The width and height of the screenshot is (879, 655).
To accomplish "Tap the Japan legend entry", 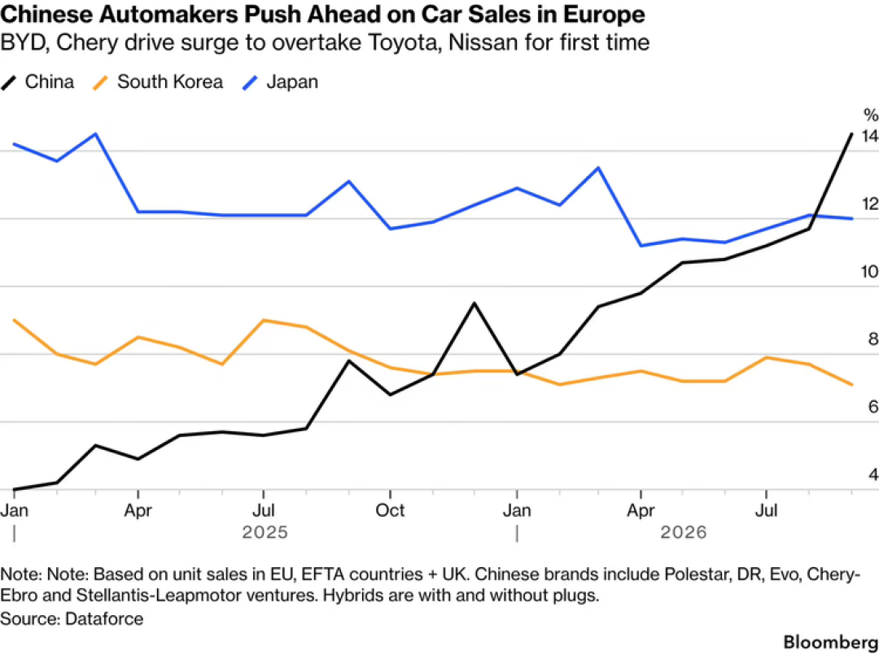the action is point(280,82).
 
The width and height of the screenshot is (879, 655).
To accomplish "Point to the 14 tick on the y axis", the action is point(869,136).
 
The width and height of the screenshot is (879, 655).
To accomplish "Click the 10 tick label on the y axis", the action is point(869,272).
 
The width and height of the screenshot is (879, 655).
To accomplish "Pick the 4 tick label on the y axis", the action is point(872,474).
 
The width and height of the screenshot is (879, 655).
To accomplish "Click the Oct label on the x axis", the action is point(390,510).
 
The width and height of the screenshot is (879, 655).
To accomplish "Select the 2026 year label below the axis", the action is point(684,532).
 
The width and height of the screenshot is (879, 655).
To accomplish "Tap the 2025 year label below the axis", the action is point(265,532).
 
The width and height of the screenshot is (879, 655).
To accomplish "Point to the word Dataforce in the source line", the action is point(104,618).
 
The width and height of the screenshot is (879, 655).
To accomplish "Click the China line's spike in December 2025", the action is point(474,303).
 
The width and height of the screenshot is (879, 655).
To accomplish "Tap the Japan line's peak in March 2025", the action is point(96,134).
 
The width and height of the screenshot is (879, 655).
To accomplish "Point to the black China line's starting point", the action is point(14,489).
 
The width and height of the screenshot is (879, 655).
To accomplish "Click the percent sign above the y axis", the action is point(871,116).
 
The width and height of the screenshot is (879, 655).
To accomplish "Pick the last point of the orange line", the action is point(852,384).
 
